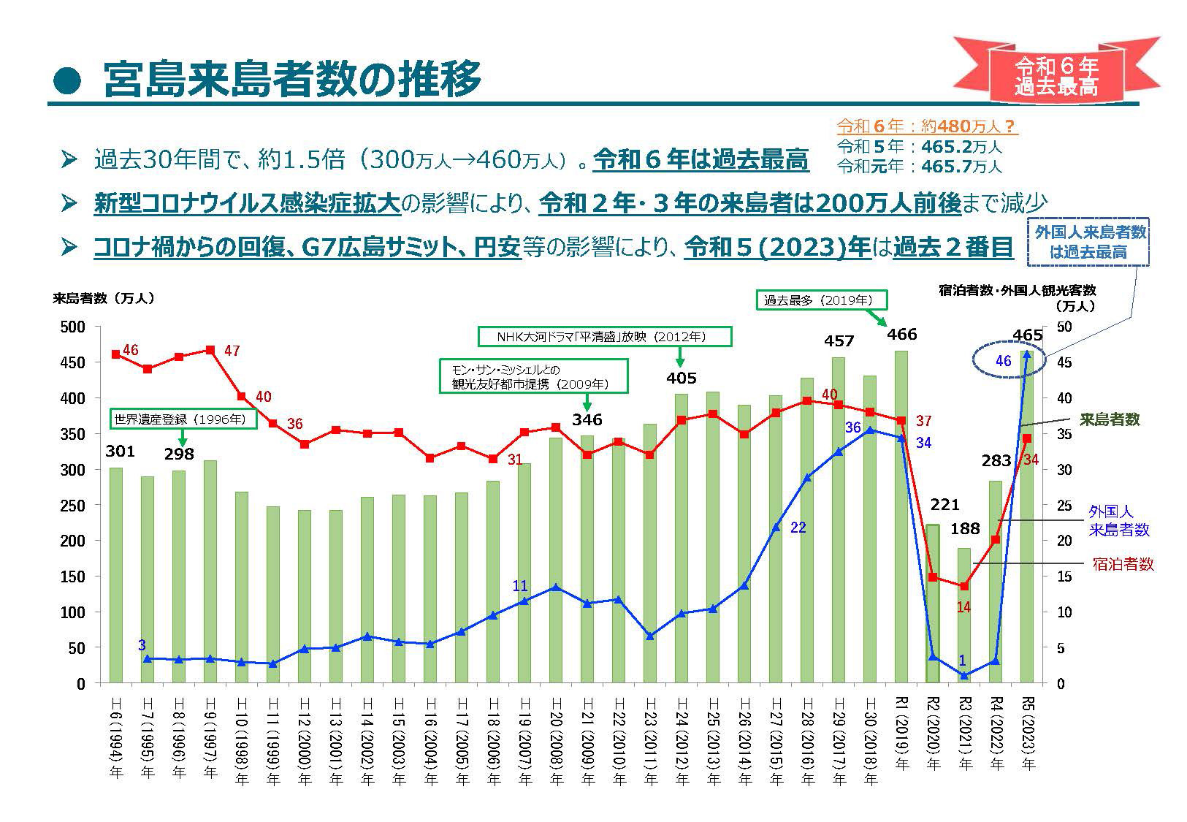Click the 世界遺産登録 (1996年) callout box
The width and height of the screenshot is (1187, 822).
pos(183,419)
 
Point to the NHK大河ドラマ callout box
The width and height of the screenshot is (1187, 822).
pos(604,337)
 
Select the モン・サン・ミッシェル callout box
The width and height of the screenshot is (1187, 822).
pos(533,376)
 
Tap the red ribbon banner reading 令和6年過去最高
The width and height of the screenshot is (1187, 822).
pos(1057,76)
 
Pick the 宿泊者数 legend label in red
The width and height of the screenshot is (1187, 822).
pos(1123,564)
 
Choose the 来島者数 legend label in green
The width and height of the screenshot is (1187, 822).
pos(1110,419)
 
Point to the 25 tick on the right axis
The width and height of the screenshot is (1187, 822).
pos(1064,506)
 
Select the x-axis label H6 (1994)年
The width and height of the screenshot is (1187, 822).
pos(115,739)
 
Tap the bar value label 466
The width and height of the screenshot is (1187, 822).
pos(901,335)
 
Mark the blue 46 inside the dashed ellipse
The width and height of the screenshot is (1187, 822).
pos(1003,361)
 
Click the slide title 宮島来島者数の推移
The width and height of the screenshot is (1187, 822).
pos(292,78)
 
